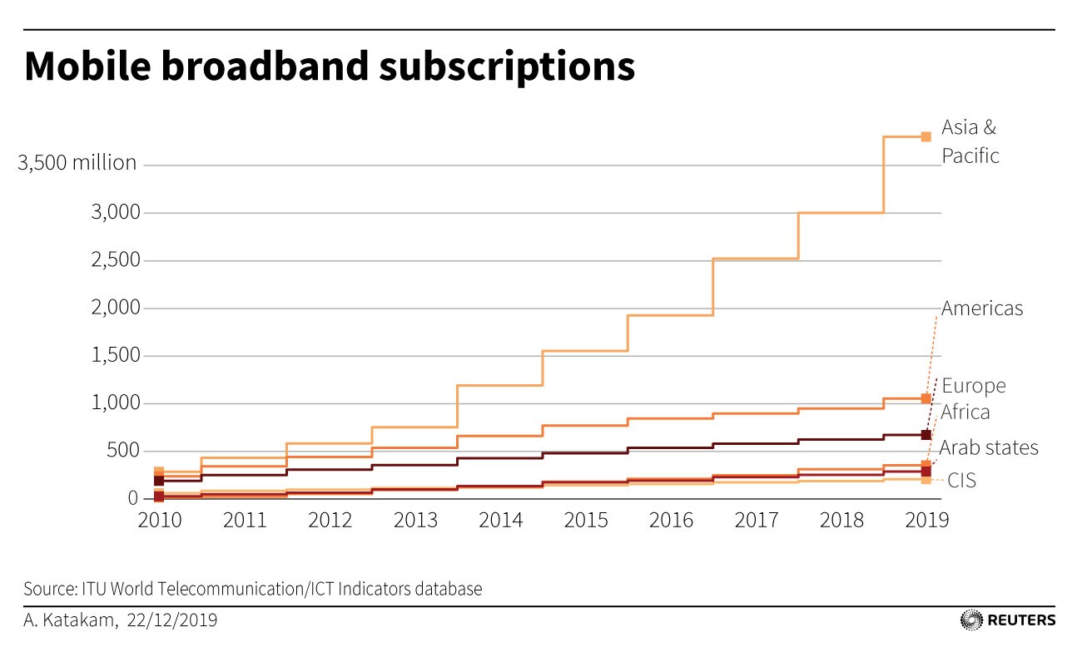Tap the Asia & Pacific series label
tap(970, 141)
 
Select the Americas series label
tap(982, 309)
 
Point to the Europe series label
tap(974, 386)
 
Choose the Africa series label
tap(965, 412)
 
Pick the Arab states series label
tap(989, 447)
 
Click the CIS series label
tap(962, 481)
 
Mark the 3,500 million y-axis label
tap(77, 163)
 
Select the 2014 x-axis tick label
tap(500, 520)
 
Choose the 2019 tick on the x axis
tap(926, 520)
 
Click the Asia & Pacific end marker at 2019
tap(926, 136)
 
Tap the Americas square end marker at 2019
tap(926, 398)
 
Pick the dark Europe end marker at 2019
tap(926, 435)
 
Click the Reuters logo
tap(1008, 620)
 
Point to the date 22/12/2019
tap(172, 620)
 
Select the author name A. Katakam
tap(68, 620)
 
